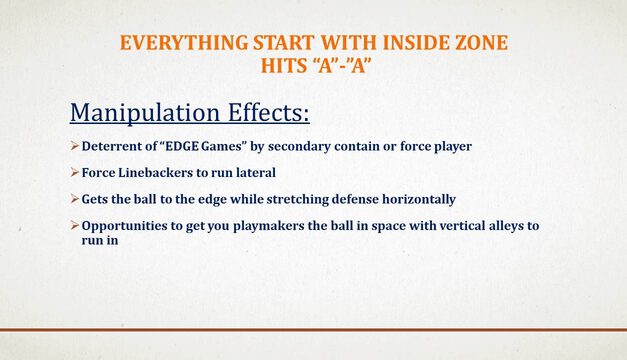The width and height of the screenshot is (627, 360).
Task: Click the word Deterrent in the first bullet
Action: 115,147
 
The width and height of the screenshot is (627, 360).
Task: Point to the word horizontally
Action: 410,199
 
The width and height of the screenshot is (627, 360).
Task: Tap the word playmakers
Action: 276,226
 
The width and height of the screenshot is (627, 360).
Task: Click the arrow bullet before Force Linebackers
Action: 75,173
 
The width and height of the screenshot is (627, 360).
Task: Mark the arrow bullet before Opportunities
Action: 75,226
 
